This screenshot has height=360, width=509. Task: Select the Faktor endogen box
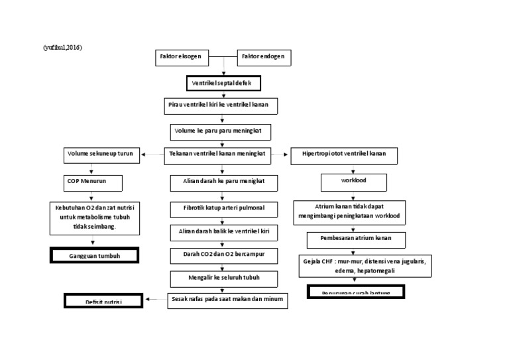pos(263,58)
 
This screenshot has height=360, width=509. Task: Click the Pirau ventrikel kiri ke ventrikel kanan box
pos(221,106)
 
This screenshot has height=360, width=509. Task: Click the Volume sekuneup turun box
pos(101,154)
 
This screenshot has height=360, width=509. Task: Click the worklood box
pos(354,180)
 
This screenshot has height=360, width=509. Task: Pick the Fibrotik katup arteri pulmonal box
pos(223,208)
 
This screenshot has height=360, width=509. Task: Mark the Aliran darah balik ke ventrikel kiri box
pos(223,232)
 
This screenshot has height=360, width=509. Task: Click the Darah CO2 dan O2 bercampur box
pos(223,254)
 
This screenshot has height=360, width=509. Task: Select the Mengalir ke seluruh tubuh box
pos(223,276)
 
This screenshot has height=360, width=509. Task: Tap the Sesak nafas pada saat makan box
pos(227,300)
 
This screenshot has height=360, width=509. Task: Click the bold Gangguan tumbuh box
pos(94,255)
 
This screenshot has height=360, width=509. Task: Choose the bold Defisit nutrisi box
pos(103,301)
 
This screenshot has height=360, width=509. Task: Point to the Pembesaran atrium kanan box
pos(357,239)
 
